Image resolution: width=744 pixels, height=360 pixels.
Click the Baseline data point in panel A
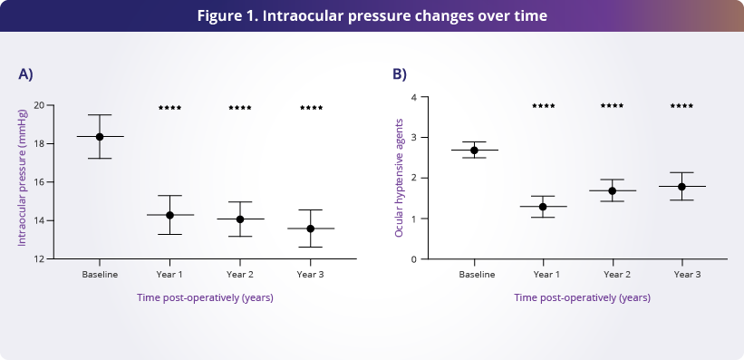(100, 137)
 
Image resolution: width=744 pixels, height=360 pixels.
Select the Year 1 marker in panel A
(169, 215)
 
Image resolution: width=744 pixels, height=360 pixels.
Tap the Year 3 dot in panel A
(310, 229)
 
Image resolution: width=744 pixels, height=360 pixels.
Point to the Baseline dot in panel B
(474, 151)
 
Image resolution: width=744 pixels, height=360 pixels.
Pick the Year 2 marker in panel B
(612, 191)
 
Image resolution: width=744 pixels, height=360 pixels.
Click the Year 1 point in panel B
(543, 207)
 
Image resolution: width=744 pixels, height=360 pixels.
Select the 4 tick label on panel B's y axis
(413, 97)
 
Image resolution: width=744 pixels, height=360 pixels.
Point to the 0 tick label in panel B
(413, 259)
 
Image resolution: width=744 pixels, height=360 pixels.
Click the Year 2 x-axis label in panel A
(240, 275)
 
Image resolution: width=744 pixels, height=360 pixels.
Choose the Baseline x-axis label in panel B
(477, 275)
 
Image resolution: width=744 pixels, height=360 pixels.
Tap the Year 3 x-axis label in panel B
(687, 275)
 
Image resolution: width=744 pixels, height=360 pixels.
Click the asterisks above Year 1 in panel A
(169, 108)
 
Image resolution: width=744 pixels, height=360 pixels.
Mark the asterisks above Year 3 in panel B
(681, 106)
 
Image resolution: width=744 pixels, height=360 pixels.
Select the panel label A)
(25, 74)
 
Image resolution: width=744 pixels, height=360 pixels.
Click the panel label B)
(400, 74)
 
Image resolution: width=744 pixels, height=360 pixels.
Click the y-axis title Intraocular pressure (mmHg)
(23, 178)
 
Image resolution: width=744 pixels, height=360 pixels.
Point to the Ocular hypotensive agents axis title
(399, 178)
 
